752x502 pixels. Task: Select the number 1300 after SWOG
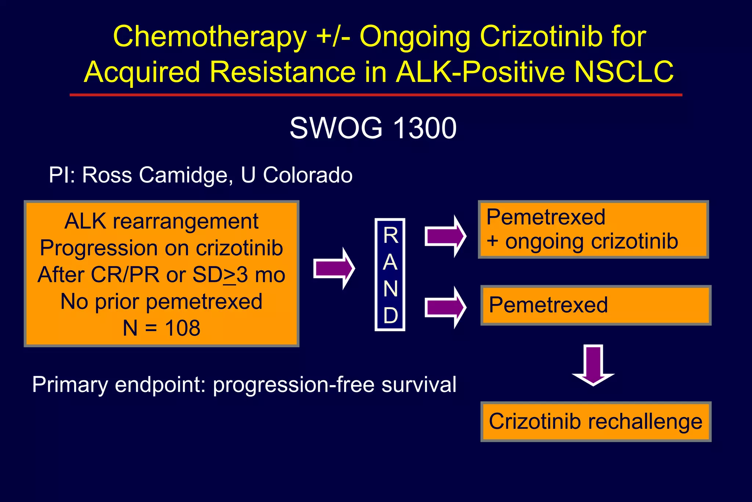(x=424, y=128)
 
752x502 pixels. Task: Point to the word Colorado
(x=308, y=175)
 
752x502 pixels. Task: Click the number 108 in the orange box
(x=182, y=328)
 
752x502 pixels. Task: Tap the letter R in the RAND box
(x=390, y=236)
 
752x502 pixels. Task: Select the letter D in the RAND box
(x=390, y=316)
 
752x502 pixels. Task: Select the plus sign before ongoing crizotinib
(x=492, y=241)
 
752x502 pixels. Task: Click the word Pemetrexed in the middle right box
(x=548, y=305)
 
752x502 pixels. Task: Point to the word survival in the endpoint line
(x=419, y=385)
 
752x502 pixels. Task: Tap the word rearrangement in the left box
(x=185, y=222)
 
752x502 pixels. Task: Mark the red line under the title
(x=376, y=95)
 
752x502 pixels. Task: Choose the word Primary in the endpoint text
(x=70, y=385)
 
